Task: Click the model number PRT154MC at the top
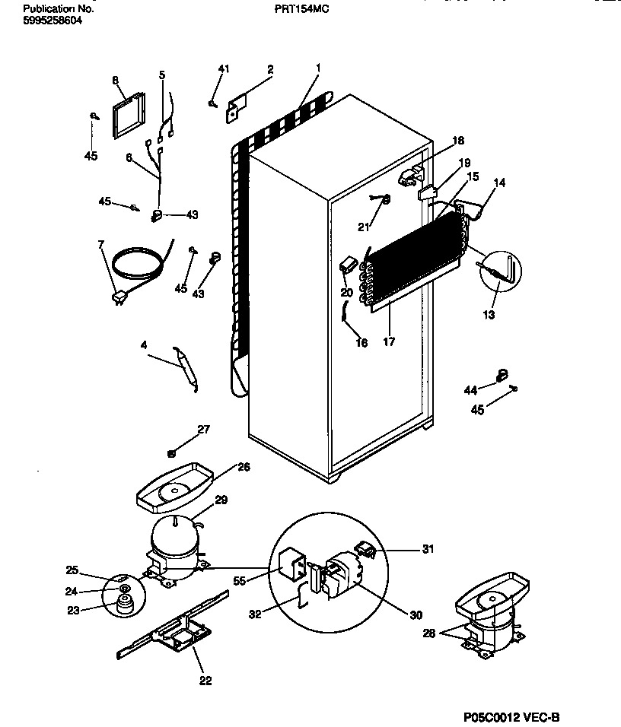303,9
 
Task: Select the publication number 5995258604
53,21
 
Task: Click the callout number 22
205,680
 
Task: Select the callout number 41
223,69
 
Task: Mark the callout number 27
203,430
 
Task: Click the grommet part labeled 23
121,605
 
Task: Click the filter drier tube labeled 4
186,369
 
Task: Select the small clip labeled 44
502,373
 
